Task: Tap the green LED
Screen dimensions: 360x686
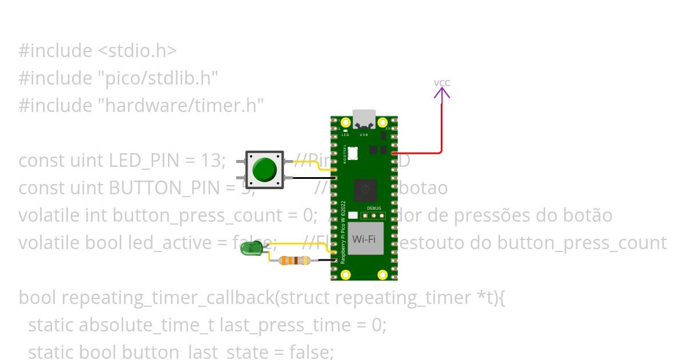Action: [250, 248]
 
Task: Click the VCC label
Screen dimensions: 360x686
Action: [442, 83]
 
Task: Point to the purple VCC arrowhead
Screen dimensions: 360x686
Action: [442, 93]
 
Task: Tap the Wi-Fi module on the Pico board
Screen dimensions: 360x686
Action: [364, 239]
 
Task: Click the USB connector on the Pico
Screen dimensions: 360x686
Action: [364, 118]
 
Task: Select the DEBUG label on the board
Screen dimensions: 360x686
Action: [374, 209]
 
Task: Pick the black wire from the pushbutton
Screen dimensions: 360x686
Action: [312, 178]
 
